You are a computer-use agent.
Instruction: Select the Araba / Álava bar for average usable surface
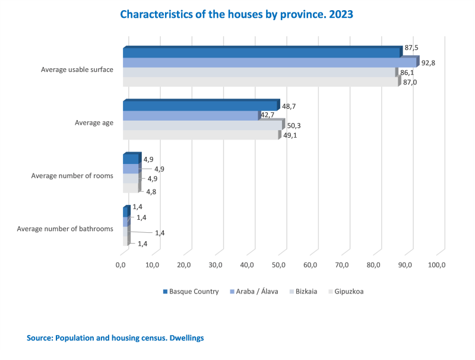270,62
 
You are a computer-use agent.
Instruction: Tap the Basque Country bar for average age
200,106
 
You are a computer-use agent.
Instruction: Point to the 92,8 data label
428,62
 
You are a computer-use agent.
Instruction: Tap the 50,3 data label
293,125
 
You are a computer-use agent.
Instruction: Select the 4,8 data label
151,191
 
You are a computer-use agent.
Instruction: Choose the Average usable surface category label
77,70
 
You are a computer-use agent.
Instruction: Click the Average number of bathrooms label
65,228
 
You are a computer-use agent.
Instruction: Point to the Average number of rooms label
72,176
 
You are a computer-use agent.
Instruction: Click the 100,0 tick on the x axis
436,265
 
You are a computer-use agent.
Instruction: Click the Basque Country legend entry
194,292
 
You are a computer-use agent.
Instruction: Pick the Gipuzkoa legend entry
349,292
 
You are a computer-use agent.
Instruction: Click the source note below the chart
115,337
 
